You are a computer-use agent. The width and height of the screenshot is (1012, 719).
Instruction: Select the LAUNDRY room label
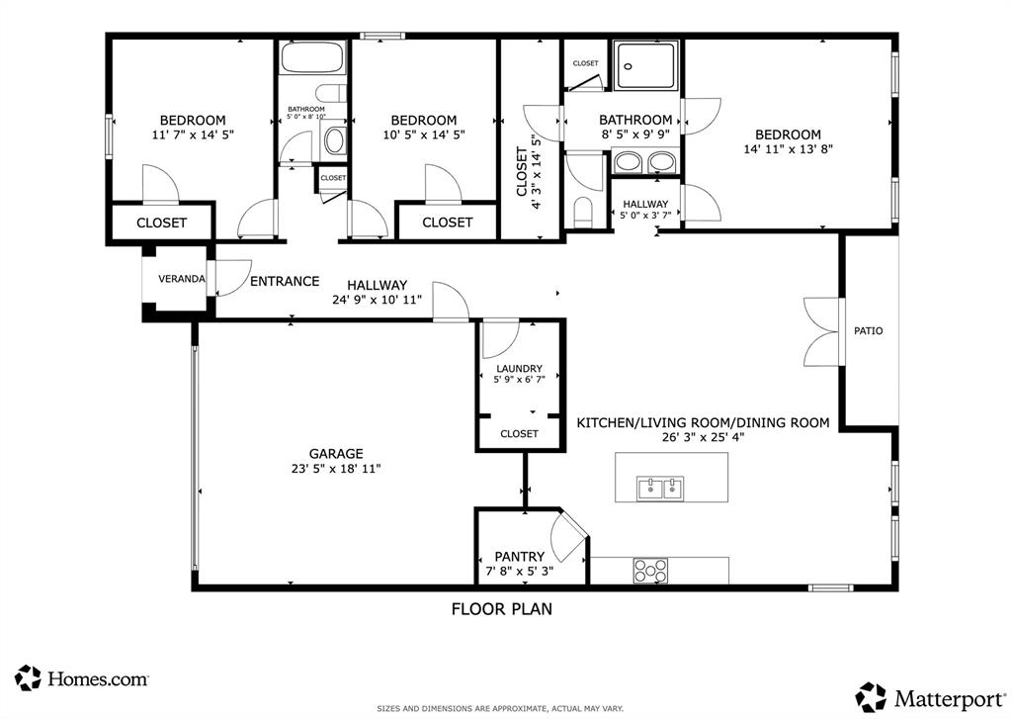(x=518, y=368)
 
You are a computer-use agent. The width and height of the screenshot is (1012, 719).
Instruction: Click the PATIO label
(x=869, y=330)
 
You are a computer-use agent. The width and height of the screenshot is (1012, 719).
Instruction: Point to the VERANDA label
(x=182, y=279)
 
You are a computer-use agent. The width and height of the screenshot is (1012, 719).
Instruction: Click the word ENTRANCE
(x=285, y=282)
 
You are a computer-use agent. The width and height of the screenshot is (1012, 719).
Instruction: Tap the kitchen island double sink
(x=660, y=488)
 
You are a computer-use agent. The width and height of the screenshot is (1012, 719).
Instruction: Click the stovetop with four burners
(x=650, y=571)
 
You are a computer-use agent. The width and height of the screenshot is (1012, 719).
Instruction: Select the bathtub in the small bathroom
(x=310, y=58)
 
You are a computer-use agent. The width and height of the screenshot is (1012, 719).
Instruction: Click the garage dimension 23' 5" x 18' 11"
(x=329, y=469)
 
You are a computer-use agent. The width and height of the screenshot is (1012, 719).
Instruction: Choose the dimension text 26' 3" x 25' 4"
(x=703, y=437)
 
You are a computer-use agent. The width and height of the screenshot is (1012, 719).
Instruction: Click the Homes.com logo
(x=83, y=678)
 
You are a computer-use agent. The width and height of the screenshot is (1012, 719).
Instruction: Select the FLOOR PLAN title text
(x=502, y=609)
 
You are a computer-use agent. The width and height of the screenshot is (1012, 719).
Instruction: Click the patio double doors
(x=821, y=330)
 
